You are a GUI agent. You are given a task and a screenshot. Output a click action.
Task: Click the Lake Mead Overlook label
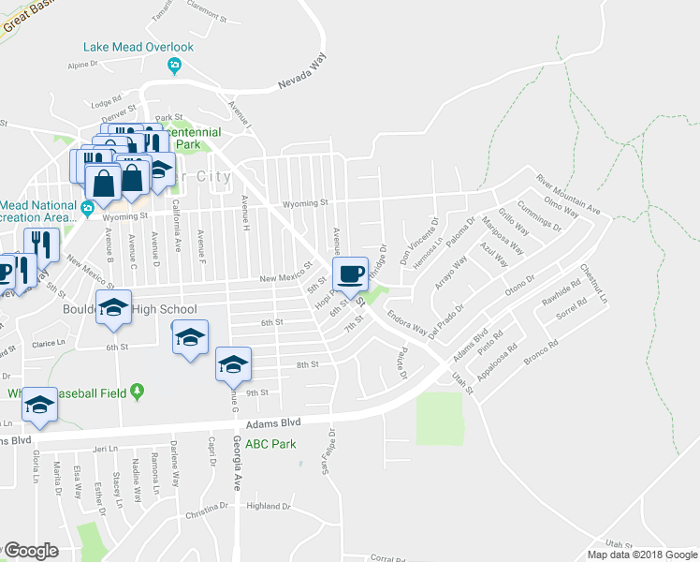pos(138,47)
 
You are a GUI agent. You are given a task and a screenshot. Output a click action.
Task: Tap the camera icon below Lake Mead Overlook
pos(173,65)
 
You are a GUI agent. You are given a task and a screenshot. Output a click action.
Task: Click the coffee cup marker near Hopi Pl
pos(351,274)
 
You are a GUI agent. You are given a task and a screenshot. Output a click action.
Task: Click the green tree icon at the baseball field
pos(139,390)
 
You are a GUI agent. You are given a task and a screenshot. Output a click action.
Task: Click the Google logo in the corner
pos(31,551)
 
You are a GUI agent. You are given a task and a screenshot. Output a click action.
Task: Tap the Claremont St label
pos(208,17)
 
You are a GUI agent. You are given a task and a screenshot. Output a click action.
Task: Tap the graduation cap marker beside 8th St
pos(233,363)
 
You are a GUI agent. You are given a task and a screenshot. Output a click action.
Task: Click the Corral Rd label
pos(387,557)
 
